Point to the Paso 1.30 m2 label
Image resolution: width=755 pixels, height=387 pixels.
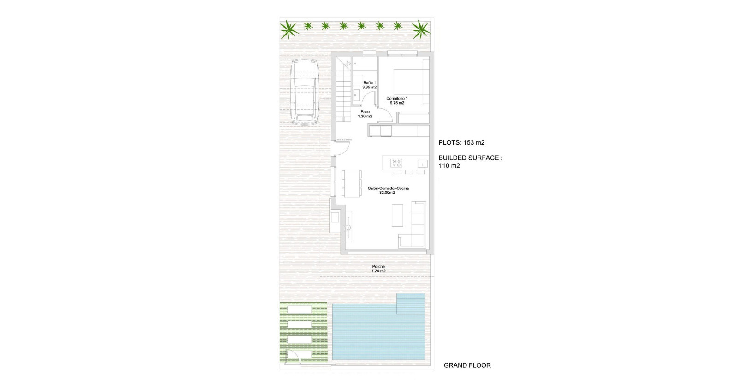(x=365, y=114)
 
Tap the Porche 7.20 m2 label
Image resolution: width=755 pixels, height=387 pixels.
(x=378, y=269)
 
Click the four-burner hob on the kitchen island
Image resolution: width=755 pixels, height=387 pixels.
(x=396, y=163)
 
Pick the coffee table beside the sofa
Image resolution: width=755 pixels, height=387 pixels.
(x=398, y=215)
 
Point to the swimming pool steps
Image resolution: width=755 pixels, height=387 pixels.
(x=411, y=303)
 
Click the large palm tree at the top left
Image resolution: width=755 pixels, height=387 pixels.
(x=289, y=30)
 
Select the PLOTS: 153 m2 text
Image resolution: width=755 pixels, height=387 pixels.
(x=461, y=142)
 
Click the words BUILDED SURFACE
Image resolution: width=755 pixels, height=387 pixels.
(x=468, y=158)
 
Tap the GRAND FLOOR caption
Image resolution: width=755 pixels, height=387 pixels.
(x=467, y=365)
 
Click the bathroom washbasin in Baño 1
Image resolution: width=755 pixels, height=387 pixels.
(x=357, y=95)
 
